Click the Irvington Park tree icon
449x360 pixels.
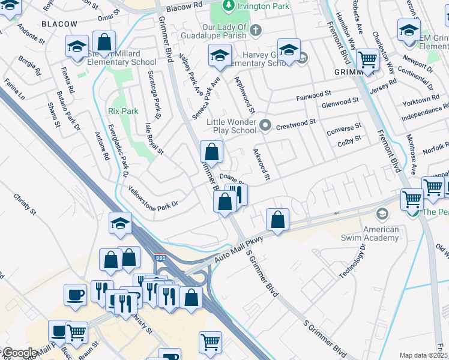pyautogui.click(x=228, y=6)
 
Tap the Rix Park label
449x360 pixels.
pyautogui.click(x=123, y=111)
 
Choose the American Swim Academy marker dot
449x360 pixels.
pyautogui.click(x=381, y=214)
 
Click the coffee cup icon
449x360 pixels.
pyautogui.click(x=76, y=294)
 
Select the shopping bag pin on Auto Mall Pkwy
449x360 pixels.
pyautogui.click(x=277, y=220)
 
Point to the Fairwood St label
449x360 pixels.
pyautogui.click(x=313, y=95)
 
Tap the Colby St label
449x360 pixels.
pyautogui.click(x=349, y=138)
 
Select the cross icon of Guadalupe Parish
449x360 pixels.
pyautogui.click(x=255, y=29)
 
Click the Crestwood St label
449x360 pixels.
pyautogui.click(x=298, y=122)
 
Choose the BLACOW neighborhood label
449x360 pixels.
pyautogui.click(x=59, y=23)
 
